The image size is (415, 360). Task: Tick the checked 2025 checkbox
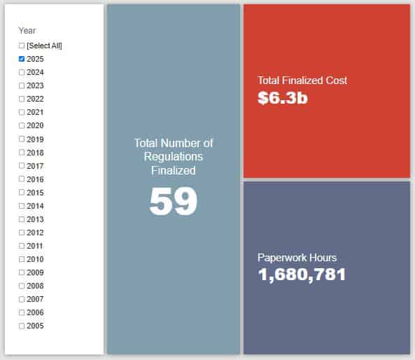click(22, 59)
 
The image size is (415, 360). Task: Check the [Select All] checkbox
click(22, 46)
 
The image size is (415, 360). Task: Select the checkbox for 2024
click(22, 72)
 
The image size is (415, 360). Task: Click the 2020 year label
click(35, 125)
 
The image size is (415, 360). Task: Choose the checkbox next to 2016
click(22, 179)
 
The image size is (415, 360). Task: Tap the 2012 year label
click(35, 233)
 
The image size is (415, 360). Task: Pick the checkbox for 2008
click(22, 286)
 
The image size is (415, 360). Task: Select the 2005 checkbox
click(22, 326)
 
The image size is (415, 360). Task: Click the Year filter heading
click(27, 30)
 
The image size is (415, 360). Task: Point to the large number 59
click(174, 201)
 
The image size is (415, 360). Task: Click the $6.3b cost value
click(283, 98)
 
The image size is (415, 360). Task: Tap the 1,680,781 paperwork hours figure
click(302, 275)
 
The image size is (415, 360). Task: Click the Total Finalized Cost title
click(302, 81)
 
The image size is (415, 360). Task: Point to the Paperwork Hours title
click(297, 258)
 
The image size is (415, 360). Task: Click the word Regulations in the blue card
click(174, 157)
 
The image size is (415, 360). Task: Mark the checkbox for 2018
click(22, 153)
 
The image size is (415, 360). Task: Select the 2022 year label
click(35, 99)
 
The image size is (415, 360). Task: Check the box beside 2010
click(22, 259)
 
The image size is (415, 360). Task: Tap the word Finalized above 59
click(174, 170)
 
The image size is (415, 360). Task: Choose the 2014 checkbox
click(22, 206)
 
